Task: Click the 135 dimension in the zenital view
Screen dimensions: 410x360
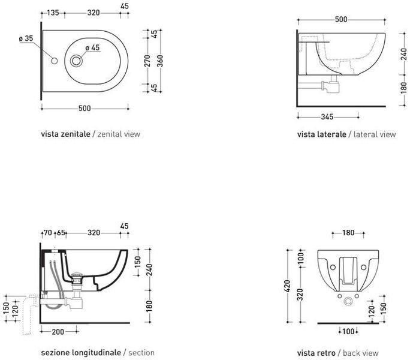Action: (53, 13)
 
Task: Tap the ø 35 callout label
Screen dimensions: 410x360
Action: (26, 38)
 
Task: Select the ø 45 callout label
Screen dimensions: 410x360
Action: (92, 47)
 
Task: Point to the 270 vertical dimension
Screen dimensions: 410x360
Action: (147, 61)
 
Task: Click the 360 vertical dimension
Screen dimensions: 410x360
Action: (160, 61)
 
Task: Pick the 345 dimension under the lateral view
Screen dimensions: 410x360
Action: (327, 117)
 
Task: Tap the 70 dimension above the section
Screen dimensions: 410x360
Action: (48, 232)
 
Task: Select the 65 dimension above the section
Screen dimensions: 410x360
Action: (61, 232)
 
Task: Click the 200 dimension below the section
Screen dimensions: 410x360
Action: (58, 332)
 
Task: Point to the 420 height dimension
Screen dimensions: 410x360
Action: (287, 286)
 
